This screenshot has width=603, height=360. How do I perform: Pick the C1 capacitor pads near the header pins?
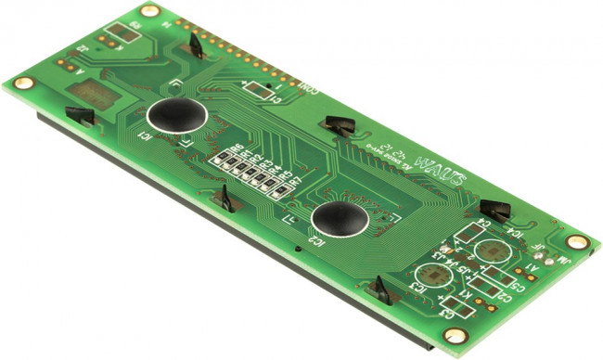coord(259,90)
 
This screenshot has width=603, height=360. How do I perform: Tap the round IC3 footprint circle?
coord(430,276)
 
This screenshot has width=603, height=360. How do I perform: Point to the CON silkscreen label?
coord(310,88)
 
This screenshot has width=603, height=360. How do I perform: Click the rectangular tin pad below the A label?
coord(93,94)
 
